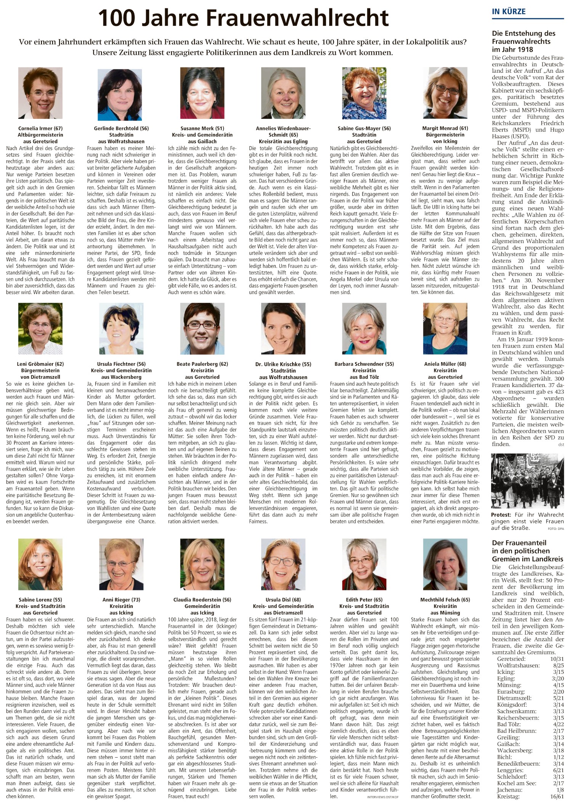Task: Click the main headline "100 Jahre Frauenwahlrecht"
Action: (243, 18)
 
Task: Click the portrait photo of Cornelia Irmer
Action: (40, 93)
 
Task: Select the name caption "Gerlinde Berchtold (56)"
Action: (121, 128)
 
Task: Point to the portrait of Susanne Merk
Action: (202, 93)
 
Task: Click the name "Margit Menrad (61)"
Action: (445, 128)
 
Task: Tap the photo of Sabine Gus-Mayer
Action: (364, 93)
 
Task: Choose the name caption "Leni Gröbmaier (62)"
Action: (40, 364)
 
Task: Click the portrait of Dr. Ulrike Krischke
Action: (283, 329)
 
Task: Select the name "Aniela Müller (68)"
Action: (445, 364)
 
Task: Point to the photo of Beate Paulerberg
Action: (202, 329)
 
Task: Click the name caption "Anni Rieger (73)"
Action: (121, 600)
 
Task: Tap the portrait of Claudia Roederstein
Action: (202, 565)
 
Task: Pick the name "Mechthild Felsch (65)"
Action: (445, 600)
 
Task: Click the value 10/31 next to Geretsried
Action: (556, 659)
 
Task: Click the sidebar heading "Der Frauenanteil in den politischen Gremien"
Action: (527, 551)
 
